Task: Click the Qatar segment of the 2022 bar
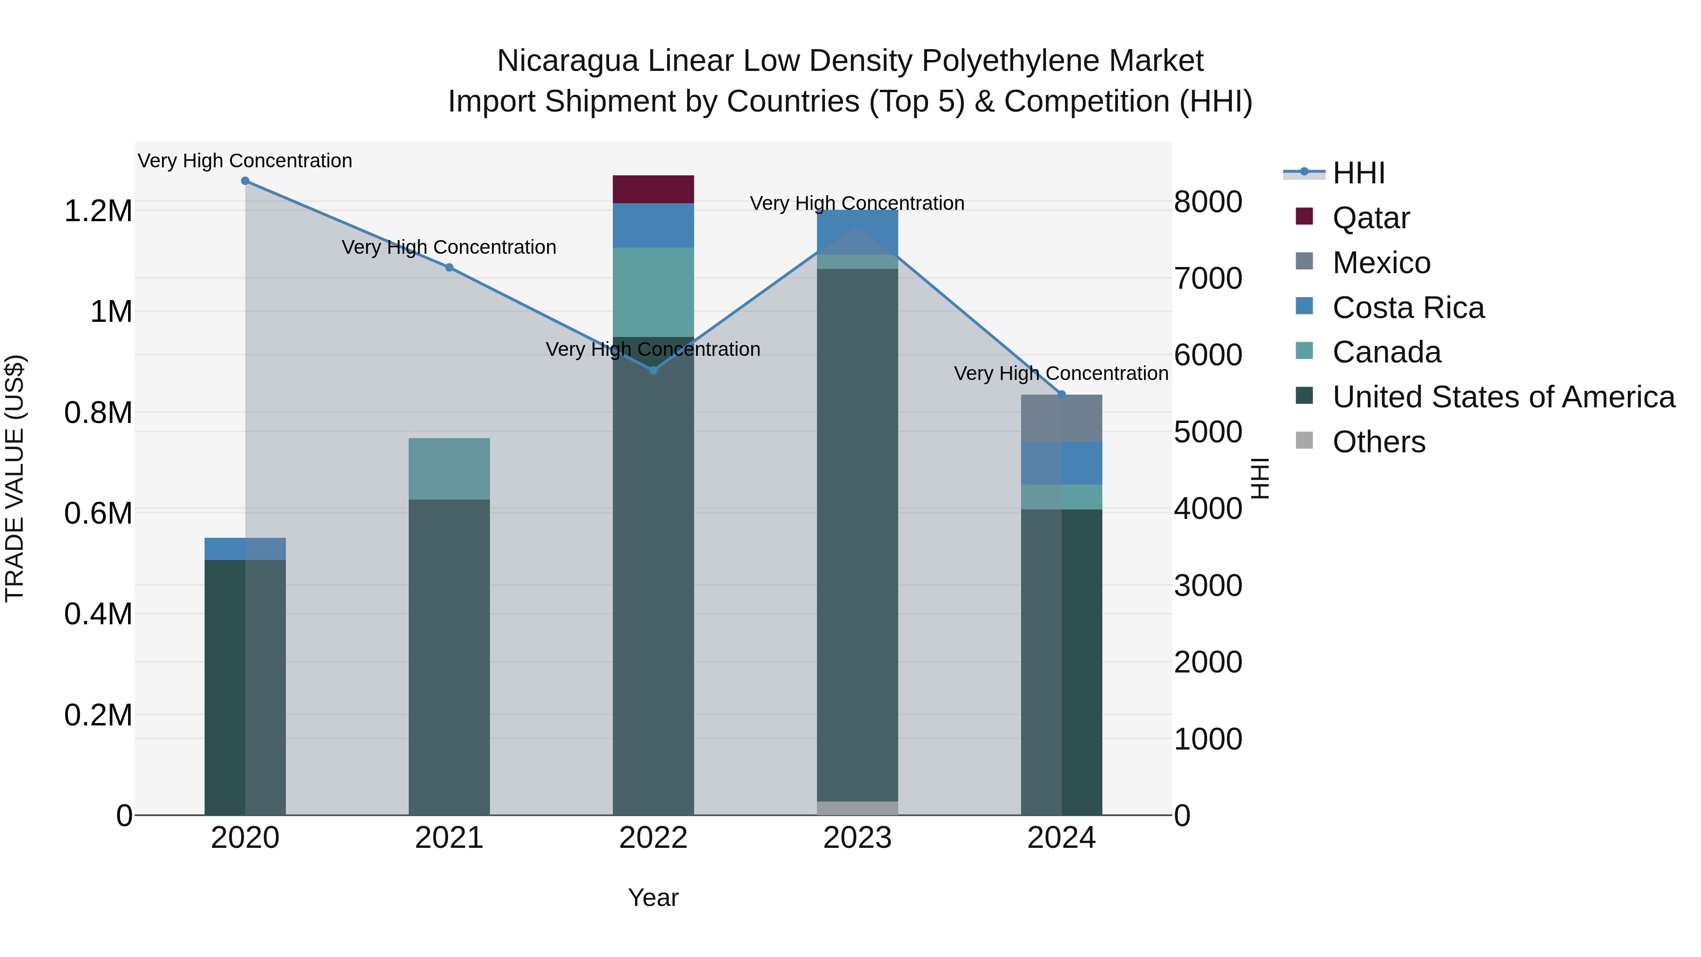tap(653, 189)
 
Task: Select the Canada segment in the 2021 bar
tap(449, 468)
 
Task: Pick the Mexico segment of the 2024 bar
tap(1061, 418)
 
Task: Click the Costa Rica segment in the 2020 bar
tap(245, 549)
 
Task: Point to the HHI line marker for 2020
tap(245, 181)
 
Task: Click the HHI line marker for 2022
tap(653, 371)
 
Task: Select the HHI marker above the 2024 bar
tap(1061, 394)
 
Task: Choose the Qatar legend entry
tap(1370, 218)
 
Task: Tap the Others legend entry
tap(1378, 442)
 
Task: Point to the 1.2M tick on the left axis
tap(98, 211)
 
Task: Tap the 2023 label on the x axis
tap(857, 838)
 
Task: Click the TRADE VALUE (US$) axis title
tap(15, 478)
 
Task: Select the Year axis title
tap(653, 897)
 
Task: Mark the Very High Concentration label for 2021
tap(449, 247)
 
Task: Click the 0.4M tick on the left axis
tap(98, 613)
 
